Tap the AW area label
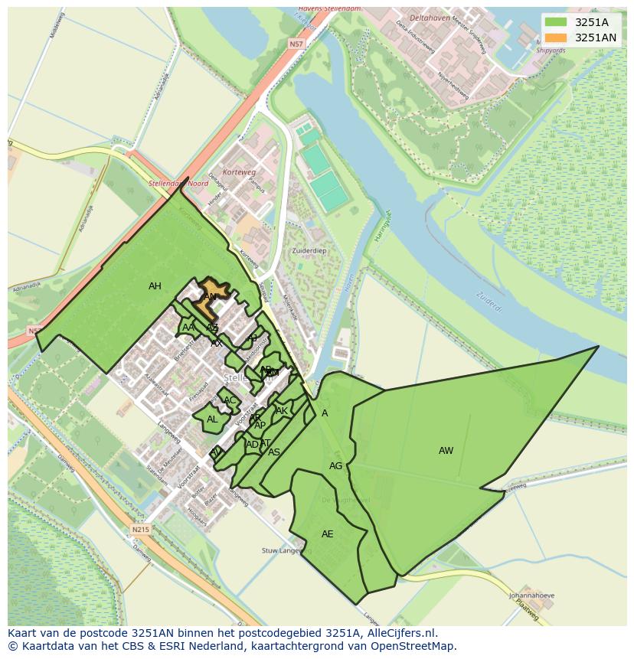446,451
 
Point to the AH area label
155,286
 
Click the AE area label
327,534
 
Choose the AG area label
335,466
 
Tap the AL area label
212,419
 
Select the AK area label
282,411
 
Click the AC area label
230,400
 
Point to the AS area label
274,452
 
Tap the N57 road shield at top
296,45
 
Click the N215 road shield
139,530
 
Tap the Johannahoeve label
529,595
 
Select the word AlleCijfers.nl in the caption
399,633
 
